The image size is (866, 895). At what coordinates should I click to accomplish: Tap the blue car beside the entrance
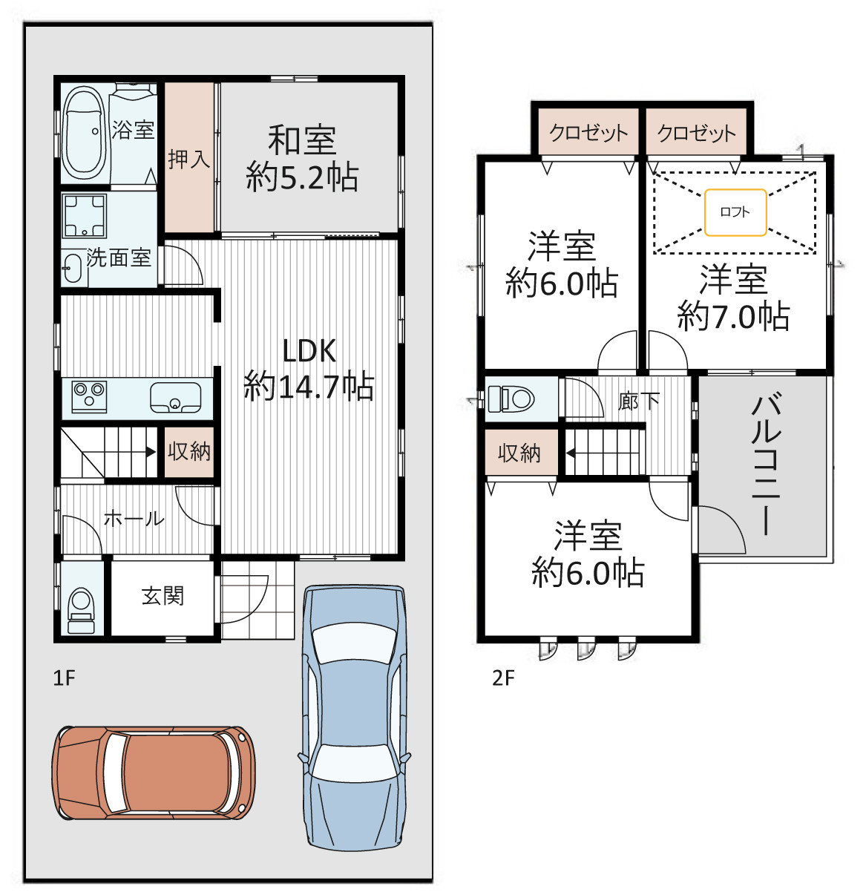click(354, 717)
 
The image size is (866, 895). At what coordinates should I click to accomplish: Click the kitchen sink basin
click(175, 397)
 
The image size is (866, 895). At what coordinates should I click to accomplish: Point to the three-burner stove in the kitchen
click(89, 396)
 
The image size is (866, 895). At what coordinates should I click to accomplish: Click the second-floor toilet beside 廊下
click(511, 399)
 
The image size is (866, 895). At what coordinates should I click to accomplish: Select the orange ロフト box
click(735, 212)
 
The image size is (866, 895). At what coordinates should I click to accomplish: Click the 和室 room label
click(302, 140)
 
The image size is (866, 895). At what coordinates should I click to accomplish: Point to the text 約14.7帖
click(309, 386)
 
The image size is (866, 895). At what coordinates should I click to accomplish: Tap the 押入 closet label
click(189, 159)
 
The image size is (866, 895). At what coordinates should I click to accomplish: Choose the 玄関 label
click(163, 596)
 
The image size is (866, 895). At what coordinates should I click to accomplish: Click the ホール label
click(134, 519)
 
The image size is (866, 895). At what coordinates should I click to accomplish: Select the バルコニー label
click(766, 465)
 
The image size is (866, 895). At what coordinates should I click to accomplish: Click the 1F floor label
click(64, 678)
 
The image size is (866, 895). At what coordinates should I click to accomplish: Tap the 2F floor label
click(503, 678)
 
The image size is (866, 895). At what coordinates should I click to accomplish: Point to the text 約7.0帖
click(734, 316)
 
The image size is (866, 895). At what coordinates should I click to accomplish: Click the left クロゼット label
click(588, 133)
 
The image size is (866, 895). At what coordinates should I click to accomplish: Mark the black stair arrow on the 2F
click(570, 453)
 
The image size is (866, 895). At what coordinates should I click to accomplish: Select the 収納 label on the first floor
click(189, 451)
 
